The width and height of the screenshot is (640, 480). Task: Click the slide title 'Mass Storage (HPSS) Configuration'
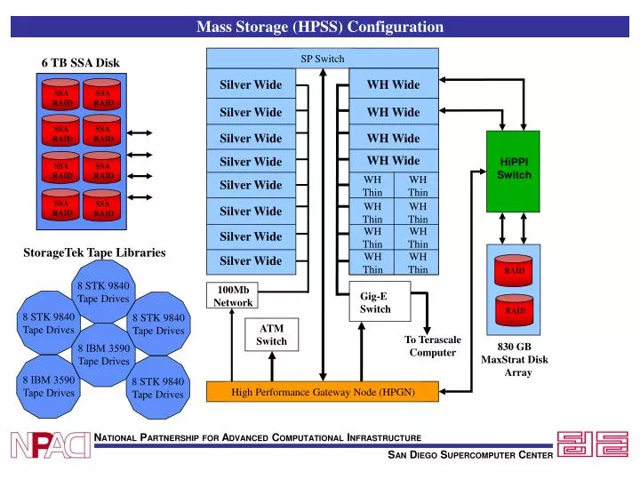[x=319, y=27]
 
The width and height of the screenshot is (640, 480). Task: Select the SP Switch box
[x=322, y=59]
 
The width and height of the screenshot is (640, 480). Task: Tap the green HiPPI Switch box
[x=514, y=168]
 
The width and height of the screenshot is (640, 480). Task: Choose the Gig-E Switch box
[x=374, y=302]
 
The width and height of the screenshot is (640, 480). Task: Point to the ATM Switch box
[x=271, y=334]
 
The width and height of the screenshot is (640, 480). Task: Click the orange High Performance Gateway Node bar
[x=322, y=392]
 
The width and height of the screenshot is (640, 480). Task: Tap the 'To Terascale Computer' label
[x=433, y=346]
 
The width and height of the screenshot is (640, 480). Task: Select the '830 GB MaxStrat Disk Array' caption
[x=515, y=359]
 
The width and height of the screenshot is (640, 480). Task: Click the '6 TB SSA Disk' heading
[x=80, y=63]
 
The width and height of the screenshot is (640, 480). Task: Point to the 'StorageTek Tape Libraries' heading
[x=94, y=252]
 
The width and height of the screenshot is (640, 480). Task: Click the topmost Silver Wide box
[x=251, y=85]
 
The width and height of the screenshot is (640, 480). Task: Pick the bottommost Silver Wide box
[x=251, y=261]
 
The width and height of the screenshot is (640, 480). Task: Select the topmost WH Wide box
[x=394, y=85]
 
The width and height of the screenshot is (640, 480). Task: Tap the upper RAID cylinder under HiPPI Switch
[x=515, y=269]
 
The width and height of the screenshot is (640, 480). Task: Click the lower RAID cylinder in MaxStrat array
[x=515, y=311]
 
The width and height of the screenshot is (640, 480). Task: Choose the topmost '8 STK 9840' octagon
[x=104, y=292]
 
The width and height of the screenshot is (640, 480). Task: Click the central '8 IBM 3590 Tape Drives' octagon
[x=104, y=354]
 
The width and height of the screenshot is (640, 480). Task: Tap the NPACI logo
[x=51, y=444]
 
